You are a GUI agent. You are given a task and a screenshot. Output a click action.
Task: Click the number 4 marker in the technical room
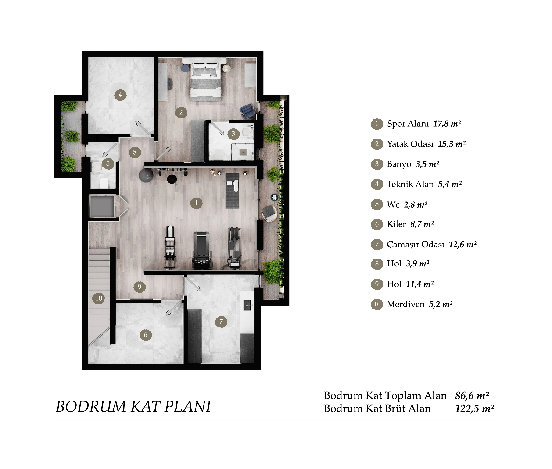coord(120,95)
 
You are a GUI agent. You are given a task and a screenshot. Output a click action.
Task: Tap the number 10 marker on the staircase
coord(98,298)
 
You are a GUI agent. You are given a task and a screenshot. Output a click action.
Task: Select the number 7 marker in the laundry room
coord(221,321)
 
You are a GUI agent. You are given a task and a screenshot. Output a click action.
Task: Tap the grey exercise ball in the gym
coord(146,174)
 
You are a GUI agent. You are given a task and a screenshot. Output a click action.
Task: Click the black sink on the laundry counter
coord(247,305)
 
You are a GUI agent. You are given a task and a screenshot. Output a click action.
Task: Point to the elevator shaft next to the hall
coord(102,206)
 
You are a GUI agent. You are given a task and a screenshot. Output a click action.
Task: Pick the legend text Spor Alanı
coord(408,124)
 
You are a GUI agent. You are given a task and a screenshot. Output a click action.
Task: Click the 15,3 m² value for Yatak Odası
coord(452,144)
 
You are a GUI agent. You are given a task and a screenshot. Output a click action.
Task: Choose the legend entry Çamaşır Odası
coord(415,244)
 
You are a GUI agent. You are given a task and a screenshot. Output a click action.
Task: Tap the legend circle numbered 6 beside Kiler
coord(377,224)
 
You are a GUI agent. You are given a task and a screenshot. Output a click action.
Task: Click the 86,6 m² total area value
coord(472,396)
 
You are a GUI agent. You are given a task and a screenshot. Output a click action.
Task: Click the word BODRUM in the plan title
coord(91,406)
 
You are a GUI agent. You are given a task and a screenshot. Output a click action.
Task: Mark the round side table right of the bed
coord(226,69)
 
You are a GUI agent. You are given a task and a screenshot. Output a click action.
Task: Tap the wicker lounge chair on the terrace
coord(269,213)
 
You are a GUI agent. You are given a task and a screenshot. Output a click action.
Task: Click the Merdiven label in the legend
coord(405,304)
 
